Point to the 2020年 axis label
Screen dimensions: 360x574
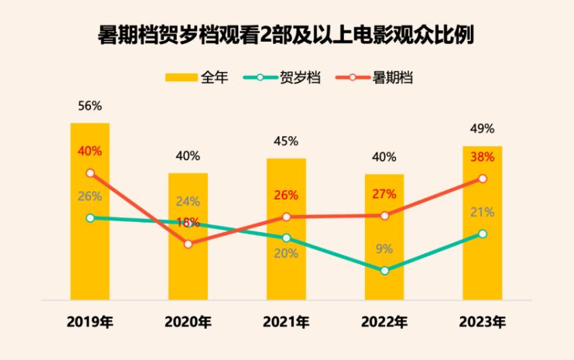pyautogui.click(x=188, y=322)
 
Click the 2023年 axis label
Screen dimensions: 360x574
pyautogui.click(x=482, y=322)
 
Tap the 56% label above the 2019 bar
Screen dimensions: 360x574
pyautogui.click(x=90, y=106)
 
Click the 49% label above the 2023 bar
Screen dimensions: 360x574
pyautogui.click(x=482, y=129)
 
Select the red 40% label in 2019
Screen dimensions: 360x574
pyautogui.click(x=90, y=151)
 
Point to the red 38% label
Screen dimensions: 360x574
pyautogui.click(x=482, y=158)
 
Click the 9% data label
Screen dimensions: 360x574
pyautogui.click(x=384, y=249)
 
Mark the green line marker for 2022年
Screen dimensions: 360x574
pyautogui.click(x=384, y=271)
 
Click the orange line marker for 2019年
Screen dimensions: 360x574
pyautogui.click(x=90, y=173)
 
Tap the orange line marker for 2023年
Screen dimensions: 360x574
pyautogui.click(x=482, y=179)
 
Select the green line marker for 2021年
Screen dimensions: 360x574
pyautogui.click(x=287, y=238)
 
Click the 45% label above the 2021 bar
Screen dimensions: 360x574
pyautogui.click(x=286, y=142)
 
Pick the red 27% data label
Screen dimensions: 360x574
pyautogui.click(x=384, y=194)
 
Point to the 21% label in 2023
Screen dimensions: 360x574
pyautogui.click(x=482, y=212)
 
